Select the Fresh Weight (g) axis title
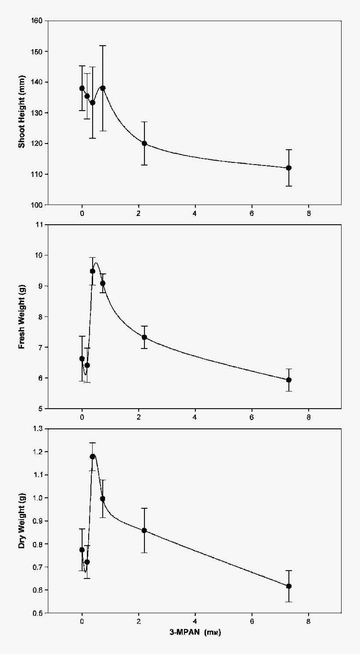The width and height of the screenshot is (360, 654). [x=22, y=316]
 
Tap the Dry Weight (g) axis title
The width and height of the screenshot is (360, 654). [x=22, y=521]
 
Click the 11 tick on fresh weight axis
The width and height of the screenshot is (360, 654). [x=39, y=225]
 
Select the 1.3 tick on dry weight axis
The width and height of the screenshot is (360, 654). [x=37, y=429]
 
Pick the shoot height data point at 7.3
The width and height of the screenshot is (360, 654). [x=288, y=168]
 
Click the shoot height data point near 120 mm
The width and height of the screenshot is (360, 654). [x=144, y=144]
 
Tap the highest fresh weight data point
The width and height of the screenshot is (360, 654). [x=93, y=271]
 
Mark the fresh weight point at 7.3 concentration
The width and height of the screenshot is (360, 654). [x=288, y=380]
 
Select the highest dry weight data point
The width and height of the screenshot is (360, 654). [x=93, y=456]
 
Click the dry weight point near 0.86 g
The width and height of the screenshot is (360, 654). [x=144, y=530]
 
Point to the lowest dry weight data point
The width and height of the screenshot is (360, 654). [x=288, y=586]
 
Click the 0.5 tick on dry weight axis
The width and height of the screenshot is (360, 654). [x=37, y=613]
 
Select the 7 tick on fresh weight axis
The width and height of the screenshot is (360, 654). [x=40, y=347]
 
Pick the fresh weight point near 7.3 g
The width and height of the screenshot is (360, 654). [x=144, y=338]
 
